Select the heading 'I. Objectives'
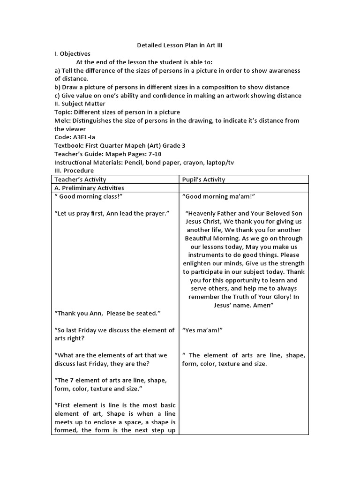point(72,54)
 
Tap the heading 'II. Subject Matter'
point(80,104)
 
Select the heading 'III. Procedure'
point(74,170)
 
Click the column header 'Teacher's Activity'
point(81,180)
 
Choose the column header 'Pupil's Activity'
point(204,180)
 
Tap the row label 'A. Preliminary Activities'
point(90,188)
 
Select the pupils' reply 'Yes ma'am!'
point(202,330)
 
